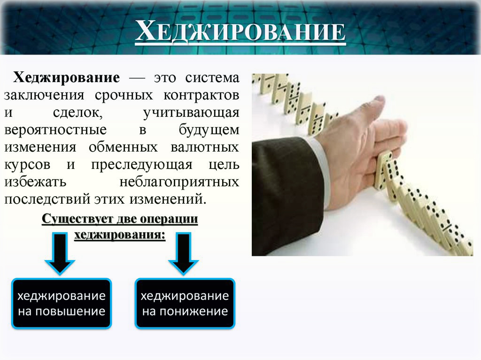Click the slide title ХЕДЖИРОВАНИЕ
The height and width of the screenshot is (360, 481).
pos(240,33)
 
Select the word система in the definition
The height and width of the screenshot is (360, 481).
pos(211,77)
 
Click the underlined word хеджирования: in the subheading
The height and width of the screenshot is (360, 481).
pos(120,235)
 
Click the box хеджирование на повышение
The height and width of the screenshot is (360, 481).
pos(61,303)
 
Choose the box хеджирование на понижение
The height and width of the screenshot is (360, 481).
pos(185,303)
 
